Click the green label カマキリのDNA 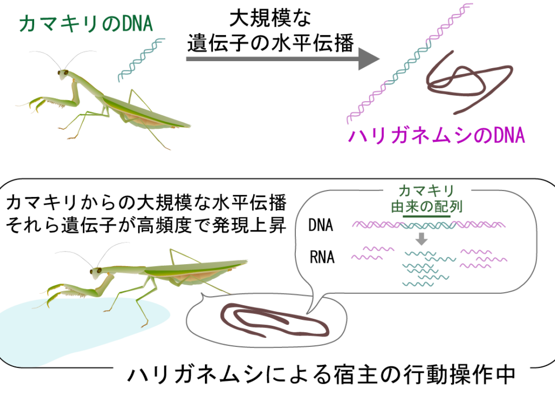pyautogui.click(x=86, y=23)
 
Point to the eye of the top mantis pyautogui.click(x=64, y=73)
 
